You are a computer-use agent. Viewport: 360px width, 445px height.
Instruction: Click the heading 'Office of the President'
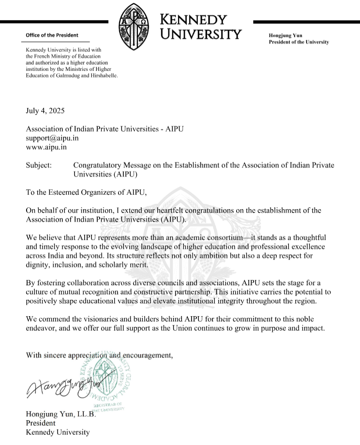[52, 35]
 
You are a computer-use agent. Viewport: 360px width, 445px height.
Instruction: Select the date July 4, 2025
[48, 110]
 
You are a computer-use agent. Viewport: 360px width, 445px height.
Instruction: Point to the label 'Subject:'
[39, 165]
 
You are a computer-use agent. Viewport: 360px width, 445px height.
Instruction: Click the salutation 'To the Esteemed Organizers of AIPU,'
[86, 192]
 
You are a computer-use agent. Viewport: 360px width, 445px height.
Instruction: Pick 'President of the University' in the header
[299, 42]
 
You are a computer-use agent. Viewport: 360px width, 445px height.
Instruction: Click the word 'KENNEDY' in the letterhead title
[193, 20]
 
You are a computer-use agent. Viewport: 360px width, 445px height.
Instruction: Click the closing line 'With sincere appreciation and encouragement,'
[99, 355]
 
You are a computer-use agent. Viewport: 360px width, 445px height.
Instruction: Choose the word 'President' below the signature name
[41, 423]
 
